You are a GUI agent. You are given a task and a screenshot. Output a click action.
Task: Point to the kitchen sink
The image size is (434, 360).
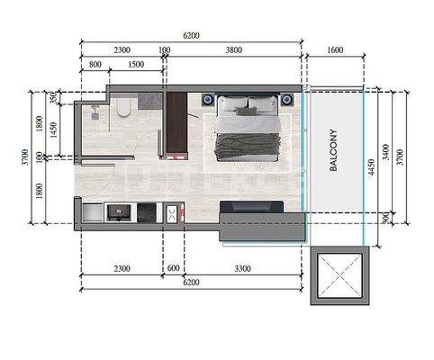pos(119,212)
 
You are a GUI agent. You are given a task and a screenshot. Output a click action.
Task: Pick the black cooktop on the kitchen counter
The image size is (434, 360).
pos(146,212)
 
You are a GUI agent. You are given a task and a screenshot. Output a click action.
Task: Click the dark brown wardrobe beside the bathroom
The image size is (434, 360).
pos(176,123)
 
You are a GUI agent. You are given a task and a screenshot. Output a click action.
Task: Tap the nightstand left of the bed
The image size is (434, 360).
pos(208,99)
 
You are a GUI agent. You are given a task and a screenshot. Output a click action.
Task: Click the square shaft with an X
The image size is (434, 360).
pos(339,276)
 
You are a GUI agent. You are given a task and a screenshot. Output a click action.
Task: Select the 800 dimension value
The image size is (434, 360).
pos(95,65)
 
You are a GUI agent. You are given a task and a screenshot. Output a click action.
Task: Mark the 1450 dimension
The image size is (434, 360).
pos(53,130)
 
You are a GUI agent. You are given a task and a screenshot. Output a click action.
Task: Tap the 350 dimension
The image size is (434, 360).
pos(53,96)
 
